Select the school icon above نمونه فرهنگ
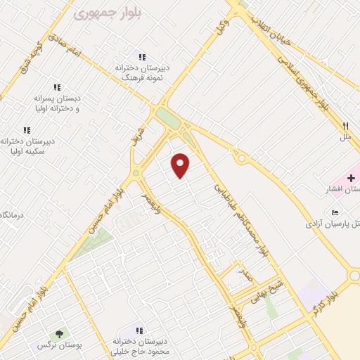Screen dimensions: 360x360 (141, 57)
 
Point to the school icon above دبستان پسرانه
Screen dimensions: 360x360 (57, 88)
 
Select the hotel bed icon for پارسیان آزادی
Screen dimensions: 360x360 (335, 212)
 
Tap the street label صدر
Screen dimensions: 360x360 (246, 274)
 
